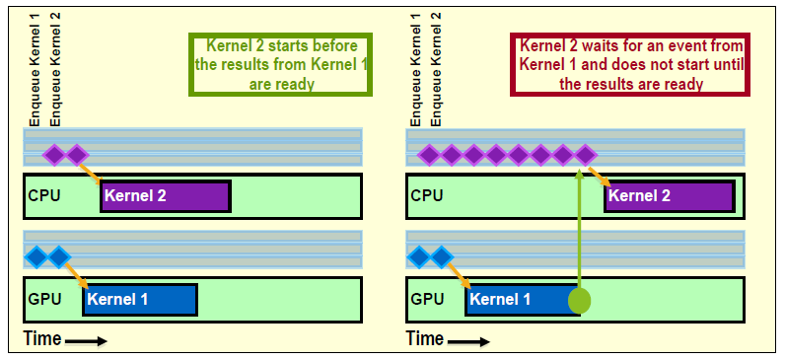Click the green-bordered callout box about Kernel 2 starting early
[x=282, y=64]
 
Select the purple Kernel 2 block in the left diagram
[x=165, y=196]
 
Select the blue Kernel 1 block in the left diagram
[x=140, y=299]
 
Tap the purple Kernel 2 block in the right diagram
[x=669, y=196]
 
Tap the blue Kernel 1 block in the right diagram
[x=522, y=299]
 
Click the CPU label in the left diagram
[x=44, y=195]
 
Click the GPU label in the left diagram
[x=45, y=298]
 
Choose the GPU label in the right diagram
[x=427, y=298]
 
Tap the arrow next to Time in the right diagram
[x=469, y=341]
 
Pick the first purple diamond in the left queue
[x=54, y=155]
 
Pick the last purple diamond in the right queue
[x=586, y=155]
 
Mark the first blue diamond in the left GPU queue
[x=36, y=257]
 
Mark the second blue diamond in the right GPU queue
[x=441, y=257]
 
